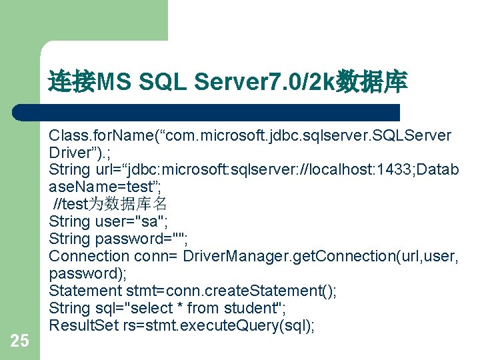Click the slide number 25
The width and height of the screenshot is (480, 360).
click(x=20, y=341)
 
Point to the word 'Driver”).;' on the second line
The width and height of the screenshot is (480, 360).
click(x=76, y=153)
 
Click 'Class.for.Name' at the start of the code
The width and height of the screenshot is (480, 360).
click(x=93, y=136)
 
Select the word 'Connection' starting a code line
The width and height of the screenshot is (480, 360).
click(x=89, y=256)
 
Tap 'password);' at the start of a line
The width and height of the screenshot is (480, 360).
click(x=81, y=273)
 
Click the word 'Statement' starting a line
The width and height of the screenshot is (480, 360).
click(x=85, y=291)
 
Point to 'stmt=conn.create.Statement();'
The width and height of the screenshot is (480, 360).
click(x=231, y=291)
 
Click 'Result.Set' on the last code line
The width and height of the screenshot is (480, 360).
click(x=85, y=325)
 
